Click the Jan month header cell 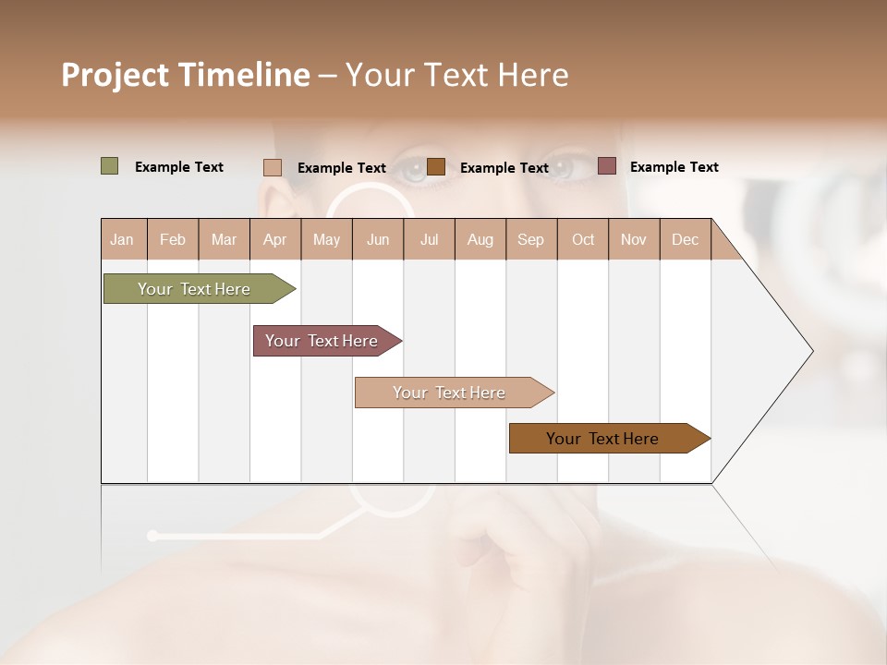click(x=122, y=239)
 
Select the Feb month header click(x=173, y=239)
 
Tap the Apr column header click(x=274, y=239)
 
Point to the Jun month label click(x=378, y=239)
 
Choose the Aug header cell click(x=480, y=239)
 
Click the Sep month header click(x=530, y=239)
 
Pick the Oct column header click(x=583, y=239)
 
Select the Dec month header click(x=685, y=239)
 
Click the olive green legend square click(x=109, y=166)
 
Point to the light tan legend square click(x=272, y=167)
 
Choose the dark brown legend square click(x=436, y=166)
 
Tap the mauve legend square click(x=606, y=166)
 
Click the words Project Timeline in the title click(x=186, y=75)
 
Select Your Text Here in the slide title click(x=456, y=75)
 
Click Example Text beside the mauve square click(x=674, y=167)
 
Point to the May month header click(x=326, y=239)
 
